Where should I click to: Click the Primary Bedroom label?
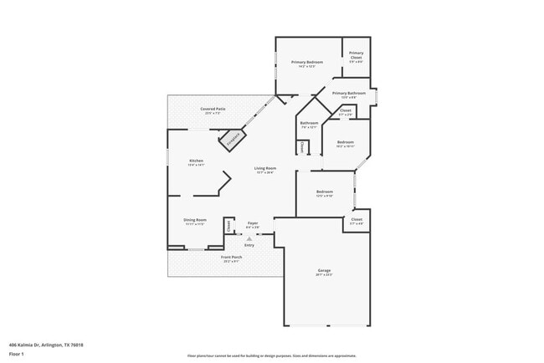[x=307, y=63]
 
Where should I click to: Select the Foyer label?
[x=252, y=223]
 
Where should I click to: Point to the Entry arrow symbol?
[x=249, y=238]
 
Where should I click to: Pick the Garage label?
[x=324, y=271]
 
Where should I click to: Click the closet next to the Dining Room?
[x=228, y=226]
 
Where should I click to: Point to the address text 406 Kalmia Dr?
[x=46, y=344]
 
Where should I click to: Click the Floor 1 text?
[x=17, y=354]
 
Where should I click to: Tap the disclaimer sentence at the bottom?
[x=272, y=354]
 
